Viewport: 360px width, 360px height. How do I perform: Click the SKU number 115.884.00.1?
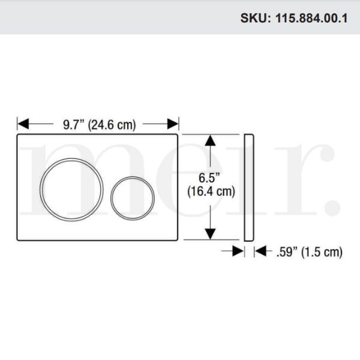tap(312, 18)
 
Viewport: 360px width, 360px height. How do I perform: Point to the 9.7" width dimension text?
tap(74, 125)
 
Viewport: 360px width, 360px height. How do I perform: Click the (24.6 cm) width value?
tap(112, 125)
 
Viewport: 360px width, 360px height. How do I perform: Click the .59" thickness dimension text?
tap(287, 252)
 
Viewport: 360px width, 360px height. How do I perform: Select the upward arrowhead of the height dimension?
tap(209, 140)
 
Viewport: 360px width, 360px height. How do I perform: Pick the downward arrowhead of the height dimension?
tap(209, 233)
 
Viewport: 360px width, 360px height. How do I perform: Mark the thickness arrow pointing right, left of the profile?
tap(239, 252)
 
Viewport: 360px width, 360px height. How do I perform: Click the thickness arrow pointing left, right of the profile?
tap(260, 252)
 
